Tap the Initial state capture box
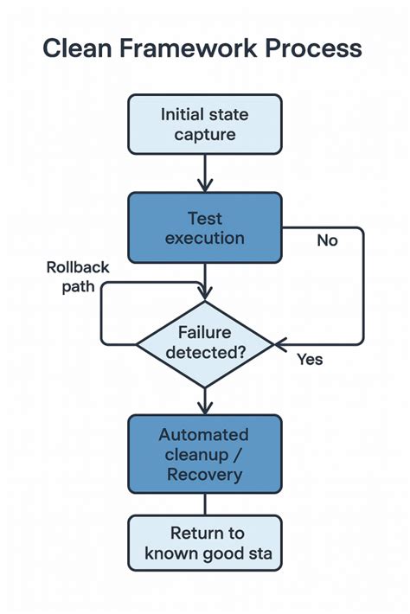pos(205,125)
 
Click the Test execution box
pos(205,227)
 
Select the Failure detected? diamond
pos(205,344)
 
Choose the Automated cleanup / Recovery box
pos(205,454)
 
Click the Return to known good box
pos(205,543)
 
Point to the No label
pos(327,240)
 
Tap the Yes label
pos(310,358)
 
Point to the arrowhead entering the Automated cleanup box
pos(205,408)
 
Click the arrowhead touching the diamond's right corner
pos(281,345)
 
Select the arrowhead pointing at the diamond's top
pos(205,294)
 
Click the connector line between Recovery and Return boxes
pos(205,504)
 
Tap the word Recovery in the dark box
pos(205,474)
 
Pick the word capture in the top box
pos(205,134)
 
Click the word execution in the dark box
pos(205,238)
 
